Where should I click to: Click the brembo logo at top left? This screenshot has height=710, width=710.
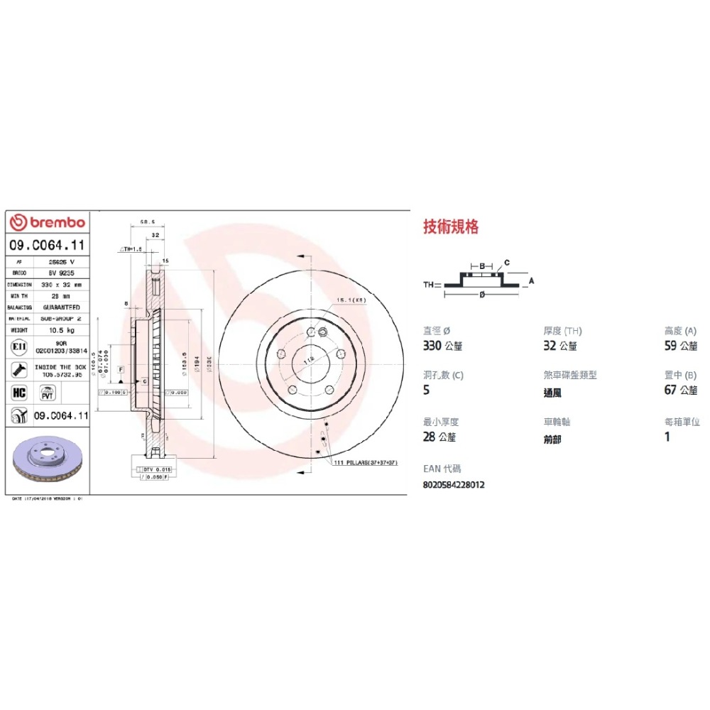(x=48, y=223)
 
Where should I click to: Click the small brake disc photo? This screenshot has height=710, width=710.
(x=47, y=464)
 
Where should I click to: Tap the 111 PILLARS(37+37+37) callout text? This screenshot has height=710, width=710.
(x=366, y=462)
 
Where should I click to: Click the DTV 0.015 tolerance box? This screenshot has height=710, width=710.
(x=153, y=469)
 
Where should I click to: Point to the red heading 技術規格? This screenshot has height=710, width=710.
(x=451, y=226)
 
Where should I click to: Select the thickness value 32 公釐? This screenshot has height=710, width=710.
(x=560, y=346)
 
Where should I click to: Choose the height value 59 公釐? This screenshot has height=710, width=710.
(x=680, y=346)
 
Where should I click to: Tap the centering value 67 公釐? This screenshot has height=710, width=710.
(x=680, y=390)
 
